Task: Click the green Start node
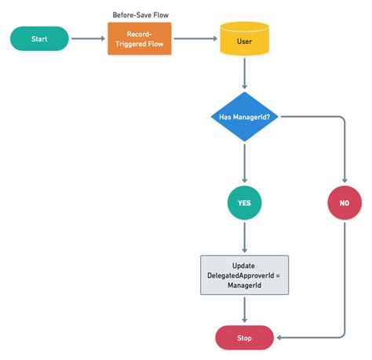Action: point(39,38)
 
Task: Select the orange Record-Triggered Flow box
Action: point(139,38)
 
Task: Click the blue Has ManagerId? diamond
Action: point(244,117)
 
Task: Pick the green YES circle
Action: point(244,203)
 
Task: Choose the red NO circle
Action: point(344,203)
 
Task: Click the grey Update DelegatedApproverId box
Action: point(244,275)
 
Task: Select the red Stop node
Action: point(244,337)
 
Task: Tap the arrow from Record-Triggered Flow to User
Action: point(194,38)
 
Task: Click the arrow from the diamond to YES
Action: point(244,165)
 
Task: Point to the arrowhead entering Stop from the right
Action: point(279,337)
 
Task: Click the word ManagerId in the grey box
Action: point(244,285)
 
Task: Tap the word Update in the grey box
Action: point(244,265)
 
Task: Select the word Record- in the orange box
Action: point(139,33)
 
